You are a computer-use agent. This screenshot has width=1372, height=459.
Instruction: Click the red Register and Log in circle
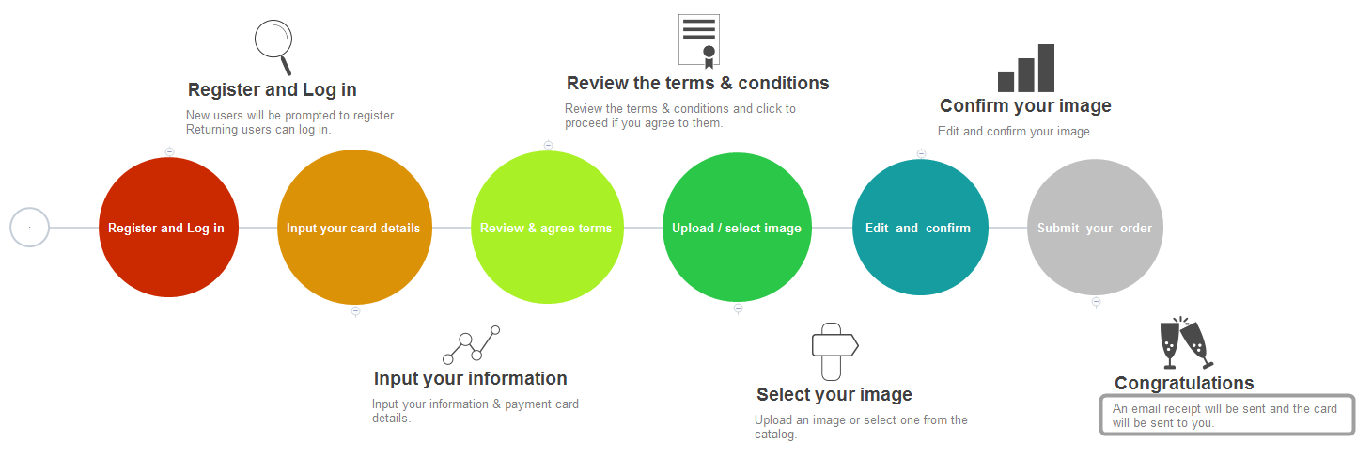pos(168,228)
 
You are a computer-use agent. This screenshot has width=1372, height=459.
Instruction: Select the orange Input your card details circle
pos(354,228)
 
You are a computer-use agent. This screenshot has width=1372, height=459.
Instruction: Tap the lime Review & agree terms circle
pos(547,228)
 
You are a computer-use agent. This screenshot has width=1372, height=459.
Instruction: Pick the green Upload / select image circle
pos(737,228)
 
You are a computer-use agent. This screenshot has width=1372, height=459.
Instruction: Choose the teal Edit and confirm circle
pos(920,228)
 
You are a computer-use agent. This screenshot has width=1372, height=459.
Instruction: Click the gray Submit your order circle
pos(1095,228)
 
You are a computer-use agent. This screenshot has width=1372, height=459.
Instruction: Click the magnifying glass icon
pos(273,47)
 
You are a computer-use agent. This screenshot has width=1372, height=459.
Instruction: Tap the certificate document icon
pos(699,41)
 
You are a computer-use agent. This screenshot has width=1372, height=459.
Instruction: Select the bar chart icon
pos(1026,68)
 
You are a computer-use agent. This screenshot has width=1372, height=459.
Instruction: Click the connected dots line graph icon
pos(471,345)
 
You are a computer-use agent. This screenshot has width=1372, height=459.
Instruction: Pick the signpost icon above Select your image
pos(834,352)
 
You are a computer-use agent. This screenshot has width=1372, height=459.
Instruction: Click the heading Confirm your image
pos(1025,106)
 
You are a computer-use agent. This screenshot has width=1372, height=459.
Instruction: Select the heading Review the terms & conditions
pos(697,83)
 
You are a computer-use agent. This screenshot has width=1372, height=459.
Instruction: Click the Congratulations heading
pos(1184,383)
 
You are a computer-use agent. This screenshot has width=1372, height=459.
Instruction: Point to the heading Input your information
pos(471,379)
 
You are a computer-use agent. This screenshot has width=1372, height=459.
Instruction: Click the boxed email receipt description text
pos(1224,416)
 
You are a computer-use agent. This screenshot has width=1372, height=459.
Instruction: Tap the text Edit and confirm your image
pos(1014,131)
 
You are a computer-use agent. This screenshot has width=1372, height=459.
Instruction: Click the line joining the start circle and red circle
pos(74,228)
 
